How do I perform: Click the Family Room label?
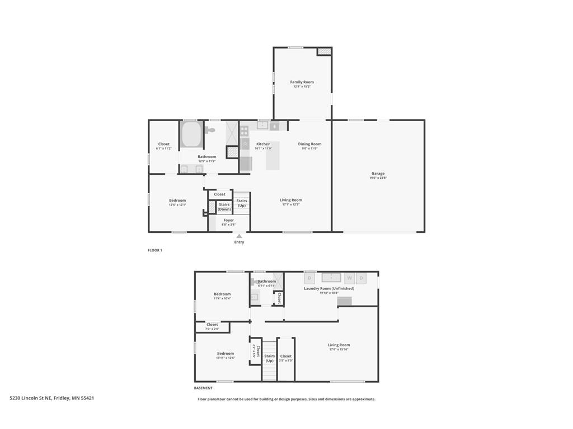click(302, 82)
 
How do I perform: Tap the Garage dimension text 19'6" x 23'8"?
click(378, 178)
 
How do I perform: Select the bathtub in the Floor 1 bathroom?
click(191, 135)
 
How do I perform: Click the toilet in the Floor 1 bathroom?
click(209, 130)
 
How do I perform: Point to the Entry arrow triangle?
click(239, 236)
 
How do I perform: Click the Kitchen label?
click(263, 144)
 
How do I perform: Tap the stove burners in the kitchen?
click(245, 131)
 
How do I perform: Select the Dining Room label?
click(309, 144)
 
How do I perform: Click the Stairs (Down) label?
click(224, 207)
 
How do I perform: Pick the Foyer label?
click(228, 220)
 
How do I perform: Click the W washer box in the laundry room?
click(349, 278)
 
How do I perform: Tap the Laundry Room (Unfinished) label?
click(329, 288)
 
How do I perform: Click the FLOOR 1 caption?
click(155, 250)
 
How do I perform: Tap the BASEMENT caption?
click(203, 388)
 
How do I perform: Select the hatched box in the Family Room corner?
click(324, 51)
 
